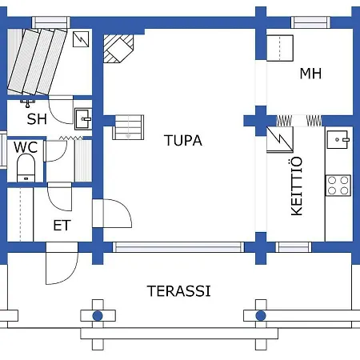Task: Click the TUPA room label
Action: click(x=183, y=141)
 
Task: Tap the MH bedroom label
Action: click(x=310, y=74)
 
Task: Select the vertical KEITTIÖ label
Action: click(x=296, y=186)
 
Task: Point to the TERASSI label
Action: click(x=179, y=290)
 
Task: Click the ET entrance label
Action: click(x=62, y=226)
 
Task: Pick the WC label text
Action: click(x=26, y=147)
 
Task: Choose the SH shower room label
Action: click(x=37, y=120)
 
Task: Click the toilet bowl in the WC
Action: click(x=26, y=168)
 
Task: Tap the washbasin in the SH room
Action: click(x=83, y=118)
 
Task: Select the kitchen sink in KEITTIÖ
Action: click(x=338, y=139)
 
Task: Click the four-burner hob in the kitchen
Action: click(x=338, y=185)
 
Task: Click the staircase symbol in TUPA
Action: click(x=129, y=126)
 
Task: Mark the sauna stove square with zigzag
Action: click(x=81, y=40)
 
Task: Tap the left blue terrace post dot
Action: click(x=98, y=316)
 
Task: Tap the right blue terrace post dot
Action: click(x=260, y=316)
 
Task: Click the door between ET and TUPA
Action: click(x=110, y=214)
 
